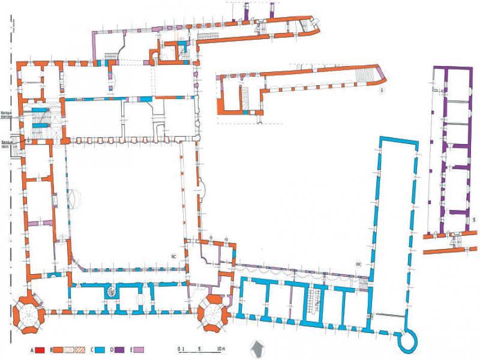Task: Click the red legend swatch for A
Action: tap(41, 349)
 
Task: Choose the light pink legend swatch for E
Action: tap(139, 349)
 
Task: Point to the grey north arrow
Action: tap(259, 348)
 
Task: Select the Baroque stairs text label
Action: tap(7, 144)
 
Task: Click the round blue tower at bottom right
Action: tap(410, 339)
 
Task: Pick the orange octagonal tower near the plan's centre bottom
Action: tap(212, 313)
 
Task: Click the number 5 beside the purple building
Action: tap(474, 220)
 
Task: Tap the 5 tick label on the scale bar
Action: tap(199, 348)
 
